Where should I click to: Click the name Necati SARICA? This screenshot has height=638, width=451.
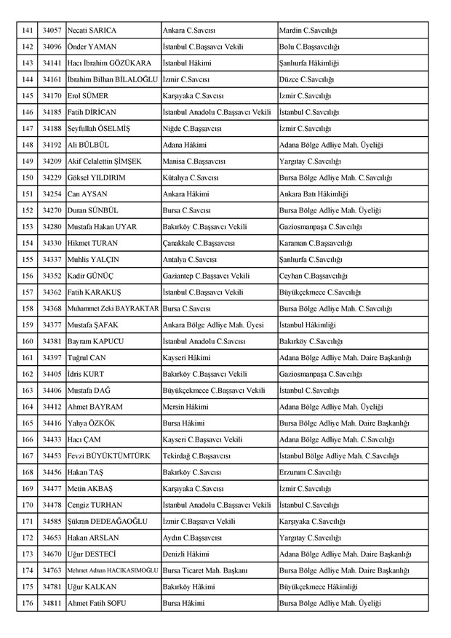coord(92,31)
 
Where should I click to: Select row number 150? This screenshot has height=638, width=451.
coord(28,178)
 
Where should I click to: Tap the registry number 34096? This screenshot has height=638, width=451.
coord(52,47)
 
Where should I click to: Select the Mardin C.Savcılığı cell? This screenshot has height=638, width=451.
coord(308,31)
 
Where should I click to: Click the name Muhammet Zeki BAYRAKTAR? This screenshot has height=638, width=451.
coord(113,308)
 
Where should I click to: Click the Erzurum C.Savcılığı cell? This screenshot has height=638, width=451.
coord(309,472)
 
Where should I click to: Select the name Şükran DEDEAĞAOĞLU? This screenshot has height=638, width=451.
coord(105,522)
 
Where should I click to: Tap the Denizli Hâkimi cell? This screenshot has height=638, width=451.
coord(185,554)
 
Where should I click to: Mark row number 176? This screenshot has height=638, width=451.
coord(28,603)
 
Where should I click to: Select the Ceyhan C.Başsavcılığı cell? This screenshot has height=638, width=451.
coord(314,276)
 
